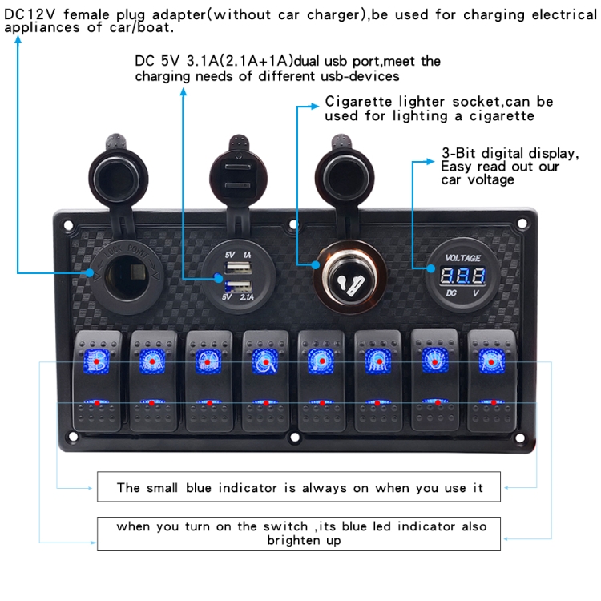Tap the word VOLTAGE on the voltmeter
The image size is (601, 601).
464,258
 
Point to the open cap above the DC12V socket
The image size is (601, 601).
117,164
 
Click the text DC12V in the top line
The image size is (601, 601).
26,14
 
